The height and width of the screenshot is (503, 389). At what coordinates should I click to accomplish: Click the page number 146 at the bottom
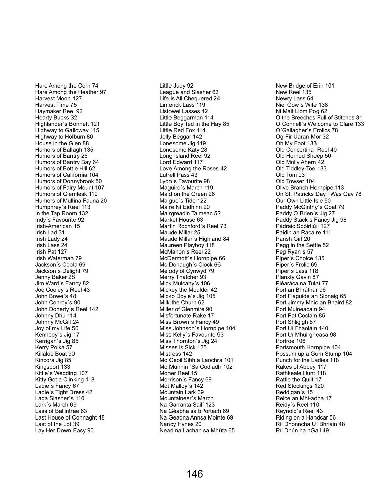coord(195,474)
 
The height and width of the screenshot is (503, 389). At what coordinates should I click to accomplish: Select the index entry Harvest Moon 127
coord(58,99)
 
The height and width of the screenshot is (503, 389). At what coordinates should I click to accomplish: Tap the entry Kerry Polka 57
coord(54,347)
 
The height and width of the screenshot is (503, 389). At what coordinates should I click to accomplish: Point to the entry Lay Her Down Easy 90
coord(64,431)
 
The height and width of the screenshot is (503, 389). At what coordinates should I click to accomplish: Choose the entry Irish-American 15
coord(57,226)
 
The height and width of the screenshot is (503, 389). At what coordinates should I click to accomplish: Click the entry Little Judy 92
coord(176,86)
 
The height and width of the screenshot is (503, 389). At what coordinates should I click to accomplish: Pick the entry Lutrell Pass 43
coord(178,175)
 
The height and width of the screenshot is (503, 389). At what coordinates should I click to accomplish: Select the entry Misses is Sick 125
coord(183,347)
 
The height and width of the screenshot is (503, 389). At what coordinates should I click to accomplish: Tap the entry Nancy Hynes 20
coord(181,424)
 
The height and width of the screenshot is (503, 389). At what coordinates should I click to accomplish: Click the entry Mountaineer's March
coord(186,399)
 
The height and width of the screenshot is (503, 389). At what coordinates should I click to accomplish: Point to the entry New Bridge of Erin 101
coord(305,86)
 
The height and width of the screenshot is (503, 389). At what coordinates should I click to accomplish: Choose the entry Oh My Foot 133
coord(296,143)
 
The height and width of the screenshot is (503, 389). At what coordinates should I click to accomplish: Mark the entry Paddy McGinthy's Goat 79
coord(310,207)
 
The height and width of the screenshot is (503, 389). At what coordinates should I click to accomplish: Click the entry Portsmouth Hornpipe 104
coord(308,347)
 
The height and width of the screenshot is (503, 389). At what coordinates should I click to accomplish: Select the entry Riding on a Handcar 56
coord(305,418)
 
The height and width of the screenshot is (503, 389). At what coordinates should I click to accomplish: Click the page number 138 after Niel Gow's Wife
coord(323,105)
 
